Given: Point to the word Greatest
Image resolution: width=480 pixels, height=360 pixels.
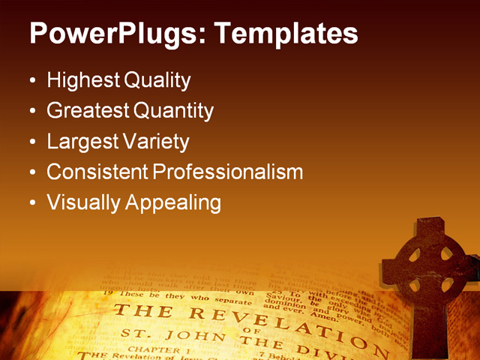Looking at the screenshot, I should (88, 111).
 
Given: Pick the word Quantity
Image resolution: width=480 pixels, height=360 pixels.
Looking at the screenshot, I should (174, 111).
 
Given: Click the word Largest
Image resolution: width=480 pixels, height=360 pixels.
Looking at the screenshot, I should (80, 141).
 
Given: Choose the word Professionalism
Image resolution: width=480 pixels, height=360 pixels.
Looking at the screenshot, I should (228, 172).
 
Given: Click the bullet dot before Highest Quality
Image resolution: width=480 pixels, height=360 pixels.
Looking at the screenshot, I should (31, 81).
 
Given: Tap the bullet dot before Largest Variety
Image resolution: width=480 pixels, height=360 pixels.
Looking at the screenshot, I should (31, 142).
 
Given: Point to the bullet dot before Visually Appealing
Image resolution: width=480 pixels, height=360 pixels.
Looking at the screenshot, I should (31, 203).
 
